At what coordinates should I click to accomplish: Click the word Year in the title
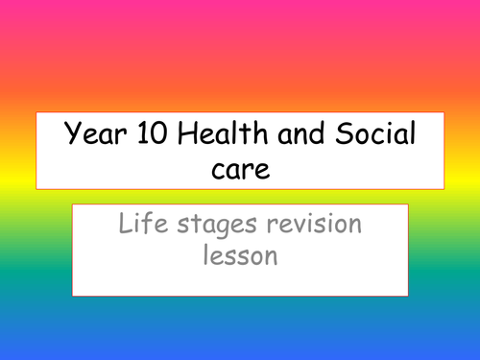click(88, 136)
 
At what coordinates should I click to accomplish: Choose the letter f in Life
click(139, 228)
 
